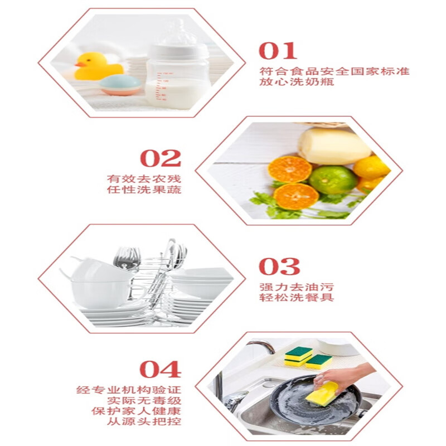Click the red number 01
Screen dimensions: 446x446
click(x=278, y=51)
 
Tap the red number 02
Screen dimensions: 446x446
click(x=161, y=158)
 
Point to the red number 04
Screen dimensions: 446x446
click(x=160, y=369)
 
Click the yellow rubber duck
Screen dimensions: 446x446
click(x=97, y=66)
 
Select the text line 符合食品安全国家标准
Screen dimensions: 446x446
click(x=334, y=71)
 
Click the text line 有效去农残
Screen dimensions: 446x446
click(x=144, y=179)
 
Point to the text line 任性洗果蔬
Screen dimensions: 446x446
click(x=144, y=190)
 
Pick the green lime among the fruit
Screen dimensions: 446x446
click(x=333, y=180)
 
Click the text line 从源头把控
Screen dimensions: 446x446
click(x=144, y=421)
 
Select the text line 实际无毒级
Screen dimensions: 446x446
click(x=144, y=400)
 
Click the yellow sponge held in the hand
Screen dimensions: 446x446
click(x=322, y=393)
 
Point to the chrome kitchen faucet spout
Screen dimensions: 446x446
click(x=262, y=346)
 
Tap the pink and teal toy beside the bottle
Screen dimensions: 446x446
click(x=120, y=84)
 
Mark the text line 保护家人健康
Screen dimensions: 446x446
click(x=137, y=411)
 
